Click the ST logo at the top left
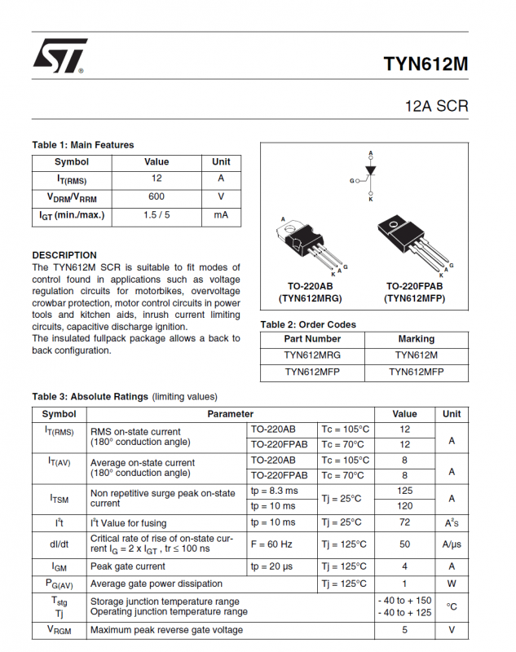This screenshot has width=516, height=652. click(59, 58)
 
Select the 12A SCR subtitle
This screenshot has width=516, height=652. click(436, 107)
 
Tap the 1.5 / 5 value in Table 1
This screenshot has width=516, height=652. click(157, 215)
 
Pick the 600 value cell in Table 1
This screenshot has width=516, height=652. click(157, 196)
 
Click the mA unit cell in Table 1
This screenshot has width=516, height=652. click(221, 215)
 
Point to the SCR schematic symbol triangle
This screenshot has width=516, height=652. click(370, 171)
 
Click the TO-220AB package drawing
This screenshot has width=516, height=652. click(311, 244)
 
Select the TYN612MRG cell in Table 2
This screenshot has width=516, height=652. click(312, 355)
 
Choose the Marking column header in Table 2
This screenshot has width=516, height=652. click(417, 338)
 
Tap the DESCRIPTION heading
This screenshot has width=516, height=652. click(64, 255)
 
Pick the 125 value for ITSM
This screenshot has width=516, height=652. click(404, 491)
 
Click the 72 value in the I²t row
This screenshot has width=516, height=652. click(404, 522)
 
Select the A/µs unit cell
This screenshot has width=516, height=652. click(452, 544)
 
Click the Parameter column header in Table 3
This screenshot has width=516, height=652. click(231, 414)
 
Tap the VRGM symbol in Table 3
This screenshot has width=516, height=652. click(59, 630)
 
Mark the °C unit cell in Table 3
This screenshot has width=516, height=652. click(452, 606)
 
